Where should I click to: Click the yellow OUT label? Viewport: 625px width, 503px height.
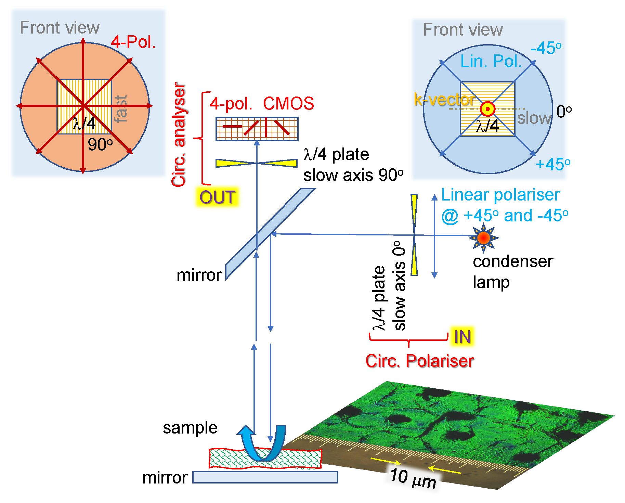pos(217,197)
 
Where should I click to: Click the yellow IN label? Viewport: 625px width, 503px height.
pos(462,336)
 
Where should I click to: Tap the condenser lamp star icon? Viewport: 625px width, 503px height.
pos(483,237)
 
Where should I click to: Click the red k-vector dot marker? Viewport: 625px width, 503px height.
pos(487,109)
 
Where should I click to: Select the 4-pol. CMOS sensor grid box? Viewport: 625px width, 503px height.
pos(257,129)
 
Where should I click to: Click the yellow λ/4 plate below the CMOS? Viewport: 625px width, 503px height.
pos(256,163)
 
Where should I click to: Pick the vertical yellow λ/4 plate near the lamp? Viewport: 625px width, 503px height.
pos(414,235)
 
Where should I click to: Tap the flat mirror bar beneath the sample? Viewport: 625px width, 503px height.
pos(265,477)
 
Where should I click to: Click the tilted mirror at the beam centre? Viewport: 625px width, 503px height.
pos(270,234)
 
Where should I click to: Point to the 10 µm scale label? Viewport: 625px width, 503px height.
pos(413,478)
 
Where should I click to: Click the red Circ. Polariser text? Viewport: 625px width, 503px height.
pos(419,361)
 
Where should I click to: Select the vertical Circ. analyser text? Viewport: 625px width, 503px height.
pos(179,134)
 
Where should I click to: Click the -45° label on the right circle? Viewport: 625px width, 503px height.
pos(546,48)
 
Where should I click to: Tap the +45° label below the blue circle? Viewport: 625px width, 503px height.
pos(552,164)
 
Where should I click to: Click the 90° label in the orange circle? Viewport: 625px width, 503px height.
pos(100,144)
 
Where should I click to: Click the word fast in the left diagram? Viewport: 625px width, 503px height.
pos(121,109)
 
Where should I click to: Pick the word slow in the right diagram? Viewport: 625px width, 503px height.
pos(534,118)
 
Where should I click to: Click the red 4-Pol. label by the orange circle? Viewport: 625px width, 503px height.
pos(133,42)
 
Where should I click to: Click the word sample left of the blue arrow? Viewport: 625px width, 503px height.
pos(190,428)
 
